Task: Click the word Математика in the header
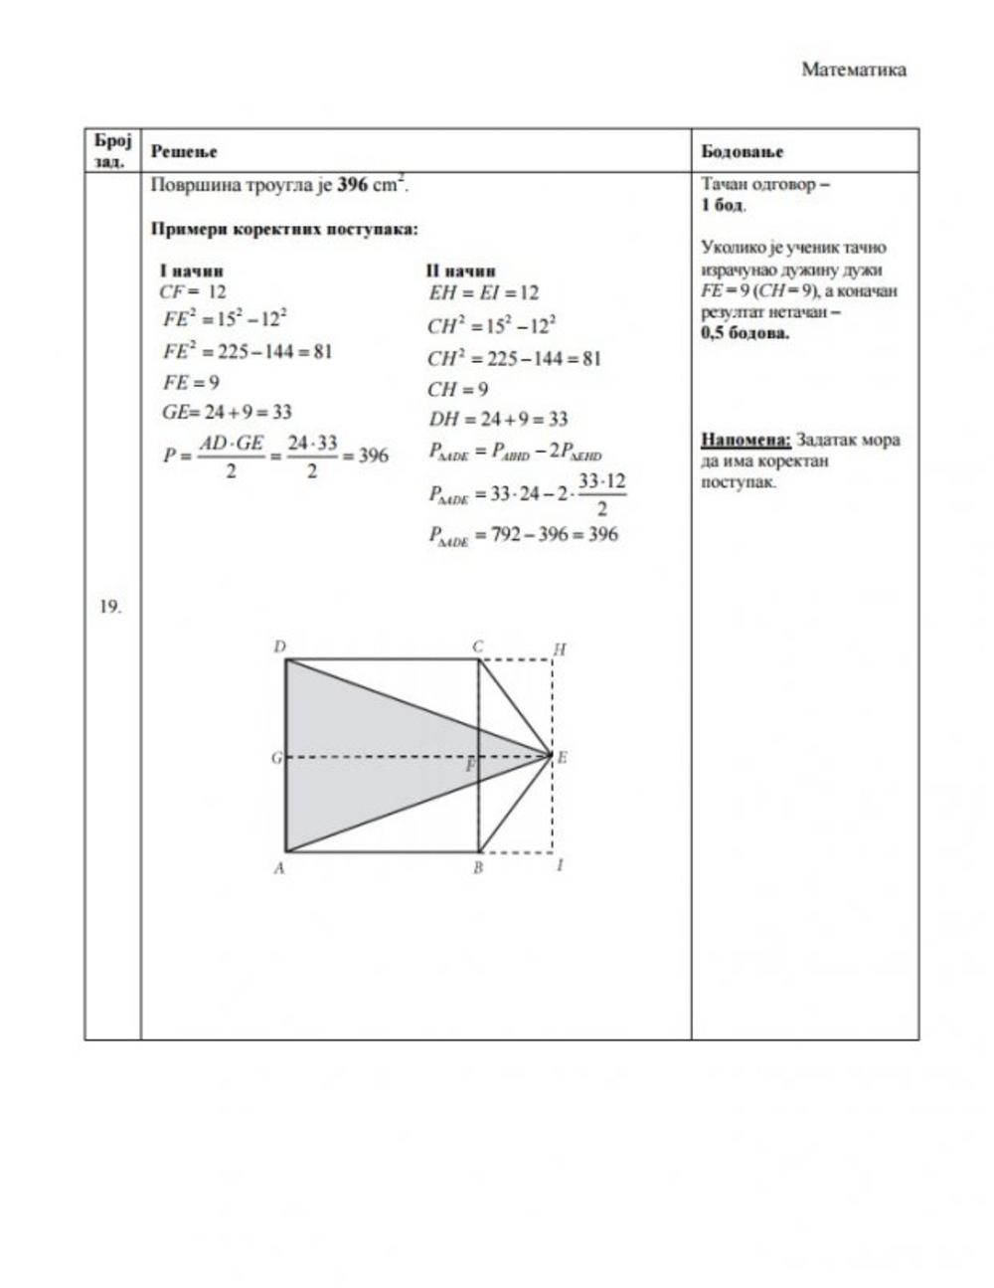click(x=854, y=70)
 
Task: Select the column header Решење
click(x=184, y=151)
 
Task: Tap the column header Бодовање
click(x=742, y=151)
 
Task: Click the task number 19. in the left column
click(x=110, y=607)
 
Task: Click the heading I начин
click(x=191, y=271)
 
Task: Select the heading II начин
click(x=460, y=271)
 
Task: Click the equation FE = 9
click(x=192, y=382)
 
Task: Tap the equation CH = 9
click(x=457, y=389)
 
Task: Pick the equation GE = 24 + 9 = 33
click(x=227, y=412)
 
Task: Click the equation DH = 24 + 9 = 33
click(x=498, y=419)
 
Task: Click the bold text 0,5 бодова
click(x=745, y=333)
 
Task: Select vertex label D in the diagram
click(x=279, y=647)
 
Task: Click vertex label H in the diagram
click(x=560, y=649)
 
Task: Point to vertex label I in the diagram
click(x=560, y=865)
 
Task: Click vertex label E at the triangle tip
click(x=562, y=758)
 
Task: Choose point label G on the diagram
click(x=276, y=758)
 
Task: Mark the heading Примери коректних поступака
click(x=284, y=229)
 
